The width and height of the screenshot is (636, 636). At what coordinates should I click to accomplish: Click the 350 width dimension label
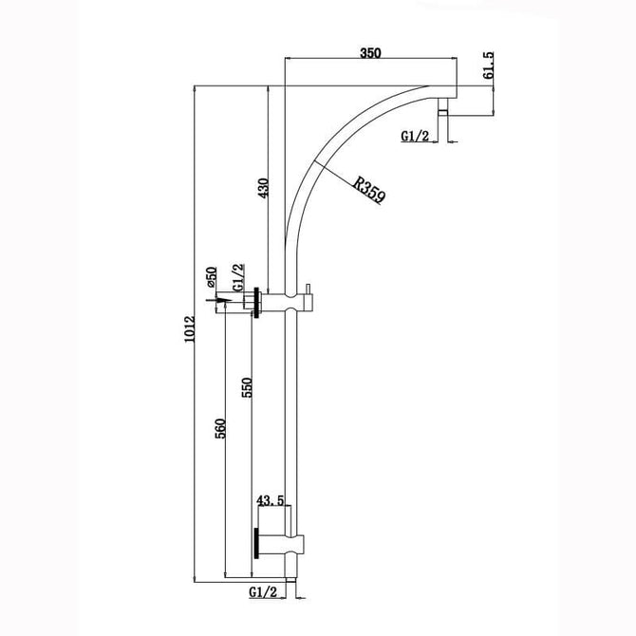pos(371,53)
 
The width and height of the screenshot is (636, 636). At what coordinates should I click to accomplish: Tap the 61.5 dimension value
pos(488,65)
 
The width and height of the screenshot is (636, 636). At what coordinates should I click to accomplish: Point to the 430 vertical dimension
pos(263,188)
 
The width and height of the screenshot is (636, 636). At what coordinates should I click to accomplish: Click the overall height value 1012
pos(190,329)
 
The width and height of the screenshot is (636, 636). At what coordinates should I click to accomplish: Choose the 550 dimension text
pos(247,387)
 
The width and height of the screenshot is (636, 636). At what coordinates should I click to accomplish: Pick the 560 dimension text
pos(220,428)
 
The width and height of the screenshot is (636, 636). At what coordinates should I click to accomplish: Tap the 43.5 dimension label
pos(271,501)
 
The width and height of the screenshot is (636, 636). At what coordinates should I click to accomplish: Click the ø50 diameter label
pos(212,277)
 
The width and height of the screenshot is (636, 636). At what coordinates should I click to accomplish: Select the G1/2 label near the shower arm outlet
pos(415,136)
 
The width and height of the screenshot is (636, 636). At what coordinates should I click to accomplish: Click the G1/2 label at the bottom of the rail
pos(262,592)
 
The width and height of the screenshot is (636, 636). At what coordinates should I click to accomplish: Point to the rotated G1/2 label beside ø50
pos(238,277)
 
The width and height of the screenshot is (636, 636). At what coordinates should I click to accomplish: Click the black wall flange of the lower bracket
pos(256,544)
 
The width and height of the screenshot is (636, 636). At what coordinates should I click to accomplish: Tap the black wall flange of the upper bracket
pos(256,303)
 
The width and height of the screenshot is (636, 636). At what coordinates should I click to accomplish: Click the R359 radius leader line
pos(348,182)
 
